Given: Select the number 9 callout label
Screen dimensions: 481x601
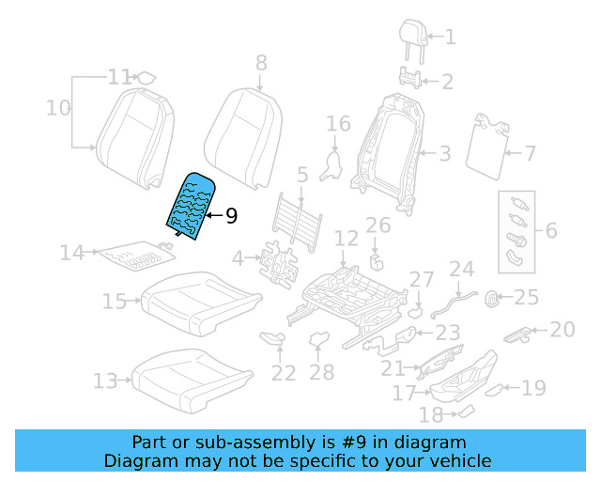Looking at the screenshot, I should [x=230, y=217].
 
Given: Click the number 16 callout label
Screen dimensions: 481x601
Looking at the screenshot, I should [x=338, y=124].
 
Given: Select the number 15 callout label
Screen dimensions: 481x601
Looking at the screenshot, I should [x=115, y=301].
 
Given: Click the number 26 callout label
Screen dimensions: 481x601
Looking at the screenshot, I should [x=378, y=225].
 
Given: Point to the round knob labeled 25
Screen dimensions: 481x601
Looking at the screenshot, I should [x=490, y=300].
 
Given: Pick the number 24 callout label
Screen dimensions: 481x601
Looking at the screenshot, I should [x=462, y=270].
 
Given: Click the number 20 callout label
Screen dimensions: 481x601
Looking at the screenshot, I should [x=562, y=329].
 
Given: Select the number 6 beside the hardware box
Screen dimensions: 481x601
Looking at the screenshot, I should [x=550, y=231].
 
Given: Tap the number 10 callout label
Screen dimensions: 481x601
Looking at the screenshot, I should [x=58, y=108].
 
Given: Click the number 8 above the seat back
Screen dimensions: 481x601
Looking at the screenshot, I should [x=261, y=63].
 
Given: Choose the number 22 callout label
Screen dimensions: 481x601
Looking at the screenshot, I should [x=284, y=373].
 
